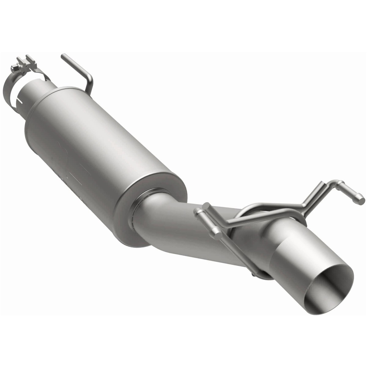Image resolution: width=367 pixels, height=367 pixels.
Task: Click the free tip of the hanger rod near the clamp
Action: [63, 56]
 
